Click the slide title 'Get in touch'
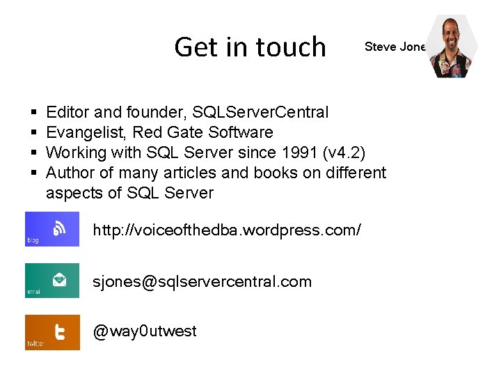pos(250,47)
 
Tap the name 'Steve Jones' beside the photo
pos(395,47)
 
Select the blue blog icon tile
pos(52,229)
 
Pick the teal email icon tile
pos(52,281)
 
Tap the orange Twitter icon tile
pos(52,332)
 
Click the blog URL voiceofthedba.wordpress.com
pos(227,229)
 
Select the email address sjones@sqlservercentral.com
pos(202,281)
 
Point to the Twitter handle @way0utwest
pos(145,331)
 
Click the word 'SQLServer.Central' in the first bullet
pos(261,112)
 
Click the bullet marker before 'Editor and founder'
pos(33,113)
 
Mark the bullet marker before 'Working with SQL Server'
pos(33,153)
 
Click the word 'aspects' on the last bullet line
pos(73,194)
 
